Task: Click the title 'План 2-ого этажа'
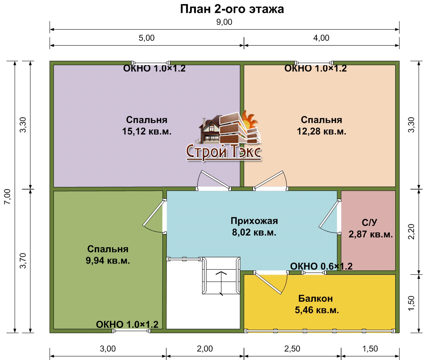point(232,9)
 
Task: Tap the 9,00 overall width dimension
point(224,22)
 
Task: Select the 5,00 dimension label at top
point(146,38)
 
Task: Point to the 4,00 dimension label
point(321,38)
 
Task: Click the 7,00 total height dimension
point(7,197)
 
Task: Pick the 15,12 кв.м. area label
point(147,132)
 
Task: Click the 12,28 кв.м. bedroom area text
point(322,132)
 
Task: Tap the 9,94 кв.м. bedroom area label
point(108,261)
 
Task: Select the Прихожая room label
point(254,221)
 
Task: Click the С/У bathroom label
point(369,222)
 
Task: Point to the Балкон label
point(316,299)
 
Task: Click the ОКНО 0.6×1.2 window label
point(321,266)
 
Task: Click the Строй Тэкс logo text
point(224,152)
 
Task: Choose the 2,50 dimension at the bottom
point(292,349)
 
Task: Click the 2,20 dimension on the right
point(411,232)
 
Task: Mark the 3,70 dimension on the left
point(23,261)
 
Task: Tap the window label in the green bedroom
point(127,324)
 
